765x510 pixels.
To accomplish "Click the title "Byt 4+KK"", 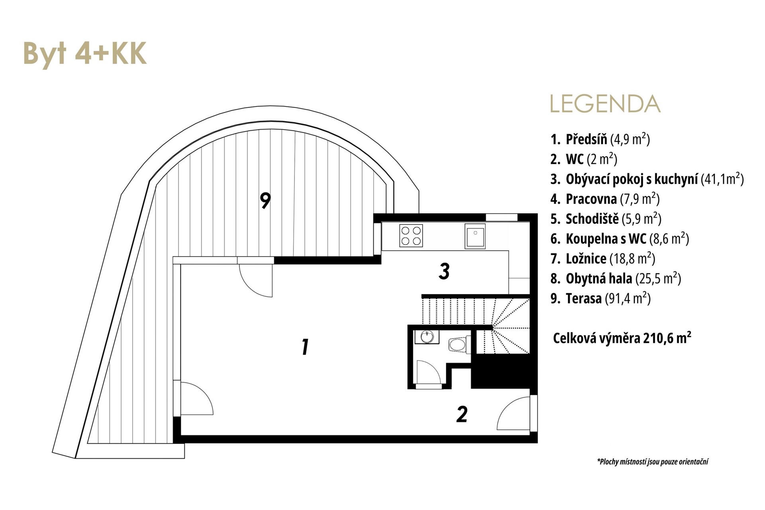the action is click(85, 53).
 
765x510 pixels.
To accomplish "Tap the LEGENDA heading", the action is click(605, 104).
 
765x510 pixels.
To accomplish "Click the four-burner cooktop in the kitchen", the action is click(411, 235).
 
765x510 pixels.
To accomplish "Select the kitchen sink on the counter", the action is click(475, 236).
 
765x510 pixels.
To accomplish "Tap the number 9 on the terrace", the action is click(265, 200).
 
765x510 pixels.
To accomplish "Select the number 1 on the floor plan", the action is click(305, 347).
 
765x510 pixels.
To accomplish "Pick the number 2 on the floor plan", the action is click(462, 414).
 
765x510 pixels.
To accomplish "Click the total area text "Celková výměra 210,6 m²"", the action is click(622, 338).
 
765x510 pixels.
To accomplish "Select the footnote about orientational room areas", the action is click(653, 462).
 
